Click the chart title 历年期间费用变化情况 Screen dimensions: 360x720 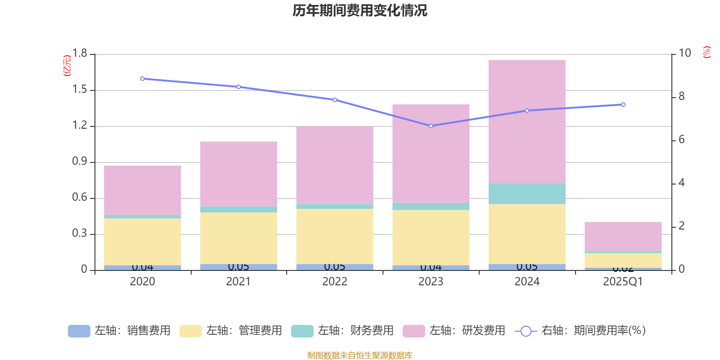point(360,10)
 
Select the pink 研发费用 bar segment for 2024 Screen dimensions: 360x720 point(526,121)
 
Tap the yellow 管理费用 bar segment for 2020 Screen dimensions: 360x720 point(142,242)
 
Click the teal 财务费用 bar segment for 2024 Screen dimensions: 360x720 point(526,193)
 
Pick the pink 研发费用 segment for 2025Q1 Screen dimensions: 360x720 point(623,236)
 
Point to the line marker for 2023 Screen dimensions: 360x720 point(431,126)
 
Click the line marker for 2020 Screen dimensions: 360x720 point(142,79)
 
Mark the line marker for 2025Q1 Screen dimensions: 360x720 point(623,104)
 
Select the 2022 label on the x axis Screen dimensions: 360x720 point(334,282)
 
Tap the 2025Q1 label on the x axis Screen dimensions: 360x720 point(623,282)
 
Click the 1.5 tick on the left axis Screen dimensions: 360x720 point(80,90)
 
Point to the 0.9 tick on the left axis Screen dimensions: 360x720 point(80,162)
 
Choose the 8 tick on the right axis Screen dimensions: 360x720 point(681,96)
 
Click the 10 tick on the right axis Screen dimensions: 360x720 point(684,53)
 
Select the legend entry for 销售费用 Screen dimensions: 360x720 point(120,331)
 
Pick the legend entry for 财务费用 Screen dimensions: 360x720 point(343,331)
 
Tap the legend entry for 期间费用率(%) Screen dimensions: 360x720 point(580,331)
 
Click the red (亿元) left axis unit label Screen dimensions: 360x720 point(67,66)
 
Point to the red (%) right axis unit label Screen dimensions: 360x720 point(707,52)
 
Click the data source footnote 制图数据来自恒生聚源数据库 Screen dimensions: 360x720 point(360,355)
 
